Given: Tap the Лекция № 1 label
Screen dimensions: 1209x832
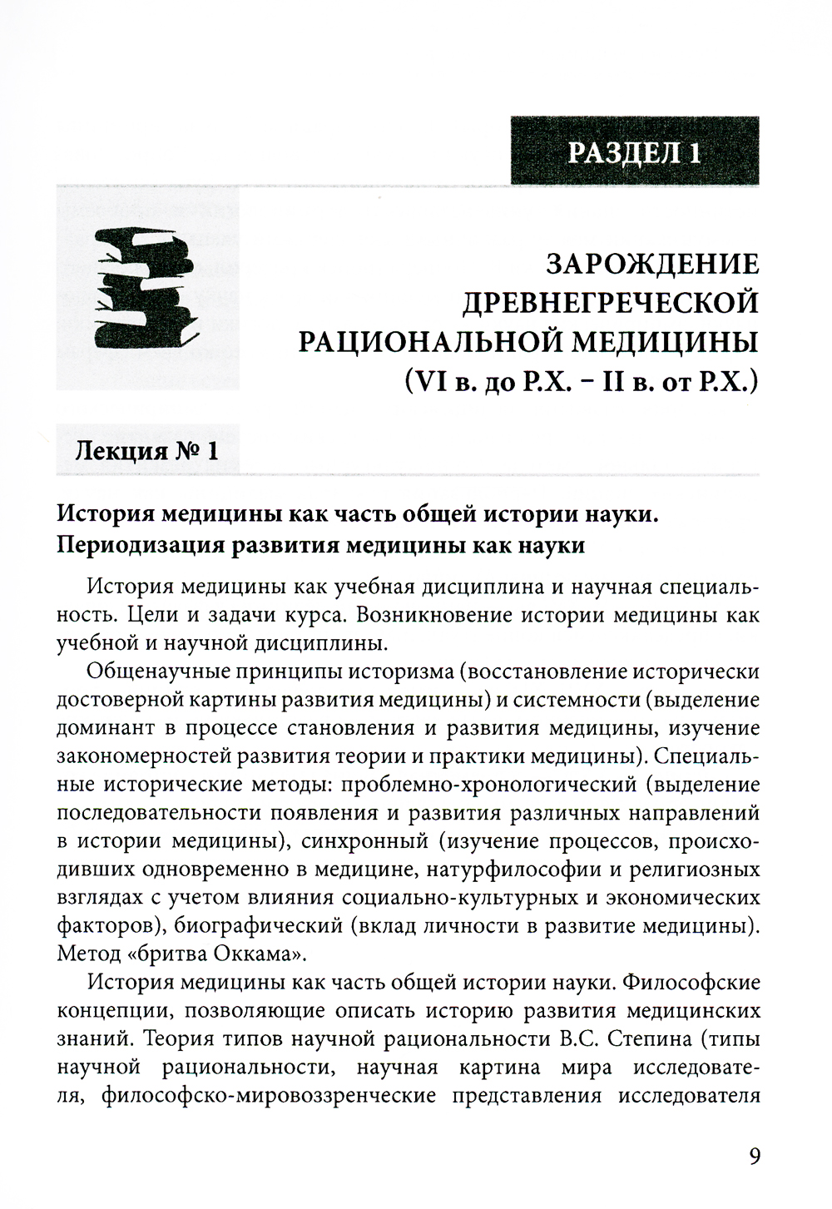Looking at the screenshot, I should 147,451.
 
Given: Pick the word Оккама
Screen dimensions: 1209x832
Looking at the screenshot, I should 258,953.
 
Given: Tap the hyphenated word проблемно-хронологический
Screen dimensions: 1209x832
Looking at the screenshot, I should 489,784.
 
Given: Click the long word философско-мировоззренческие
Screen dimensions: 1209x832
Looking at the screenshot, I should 270,1095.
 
